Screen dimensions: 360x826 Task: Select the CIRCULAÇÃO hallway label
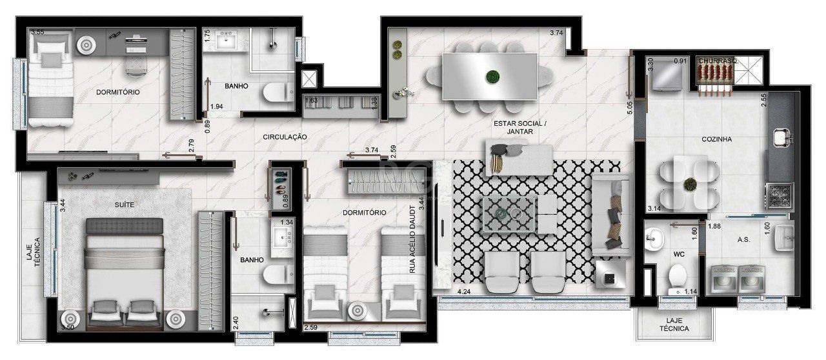pos(284,137)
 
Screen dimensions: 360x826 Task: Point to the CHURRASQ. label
pos(718,62)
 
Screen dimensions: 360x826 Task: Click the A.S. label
pos(743,239)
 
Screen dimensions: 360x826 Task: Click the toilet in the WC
pos(677,277)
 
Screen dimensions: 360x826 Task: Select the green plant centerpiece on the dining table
pos(494,75)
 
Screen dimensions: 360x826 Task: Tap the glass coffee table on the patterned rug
pos(510,213)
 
